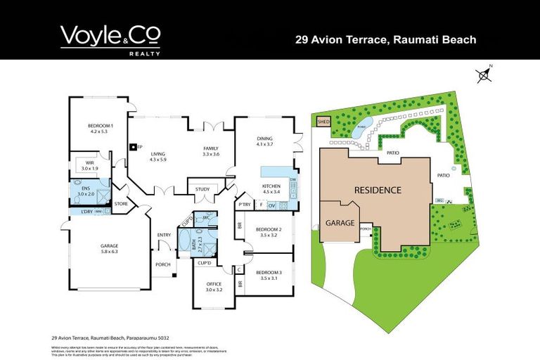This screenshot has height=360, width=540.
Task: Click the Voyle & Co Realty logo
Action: click(x=110, y=39)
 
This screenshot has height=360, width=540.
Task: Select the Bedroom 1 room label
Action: click(x=98, y=128)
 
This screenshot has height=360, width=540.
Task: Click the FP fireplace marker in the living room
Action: click(x=134, y=148)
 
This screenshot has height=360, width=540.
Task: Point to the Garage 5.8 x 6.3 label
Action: click(x=109, y=248)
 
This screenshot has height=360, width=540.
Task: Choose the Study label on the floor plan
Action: click(x=202, y=188)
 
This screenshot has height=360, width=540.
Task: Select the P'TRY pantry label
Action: click(x=244, y=205)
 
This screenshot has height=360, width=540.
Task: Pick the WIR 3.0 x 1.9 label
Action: click(x=90, y=166)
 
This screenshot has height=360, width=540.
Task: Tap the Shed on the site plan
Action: click(x=323, y=122)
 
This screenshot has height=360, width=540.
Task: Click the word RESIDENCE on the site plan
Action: click(x=378, y=190)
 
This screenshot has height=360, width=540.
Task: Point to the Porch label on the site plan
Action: click(x=365, y=228)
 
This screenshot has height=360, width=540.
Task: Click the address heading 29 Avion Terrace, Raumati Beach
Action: click(x=385, y=40)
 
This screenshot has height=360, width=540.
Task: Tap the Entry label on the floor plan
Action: click(x=164, y=235)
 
